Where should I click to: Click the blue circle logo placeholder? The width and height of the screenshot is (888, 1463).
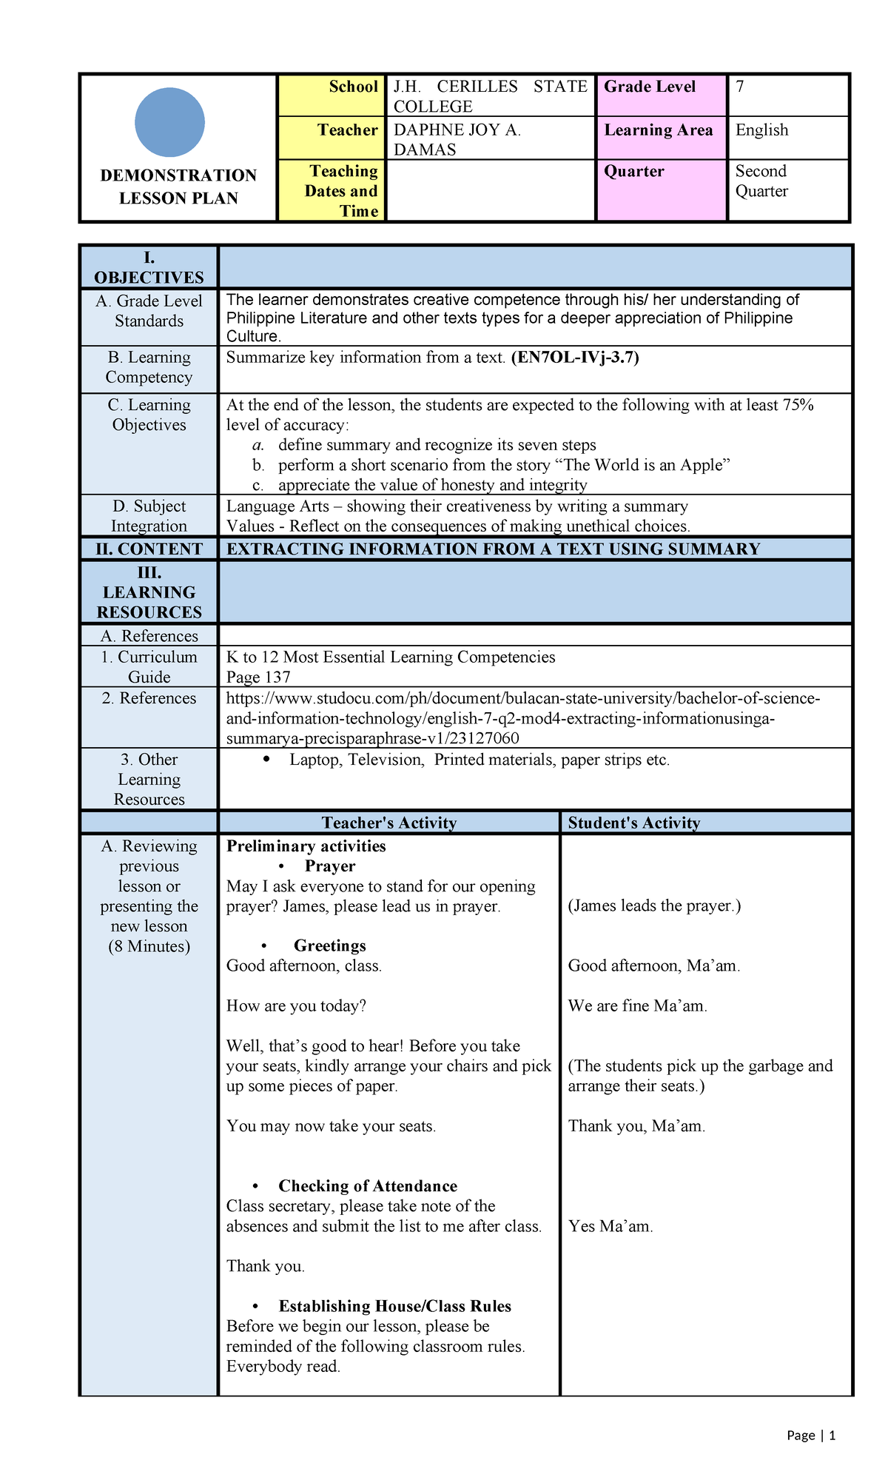pos(169,122)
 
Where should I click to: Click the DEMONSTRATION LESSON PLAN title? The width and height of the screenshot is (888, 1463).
pos(178,187)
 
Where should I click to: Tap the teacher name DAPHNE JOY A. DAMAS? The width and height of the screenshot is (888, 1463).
pos(457,139)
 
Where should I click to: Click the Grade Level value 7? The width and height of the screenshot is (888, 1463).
pos(740,87)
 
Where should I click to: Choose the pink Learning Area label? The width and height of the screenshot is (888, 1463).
pos(659,130)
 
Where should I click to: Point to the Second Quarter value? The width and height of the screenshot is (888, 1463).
pos(761,181)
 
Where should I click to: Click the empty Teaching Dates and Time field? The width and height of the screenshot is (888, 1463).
pos(490,190)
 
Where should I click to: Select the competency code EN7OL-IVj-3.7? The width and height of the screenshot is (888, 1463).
pos(575,358)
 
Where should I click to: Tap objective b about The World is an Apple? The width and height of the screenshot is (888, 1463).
pos(503,465)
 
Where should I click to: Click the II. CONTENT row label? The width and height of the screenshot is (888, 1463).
pos(149,549)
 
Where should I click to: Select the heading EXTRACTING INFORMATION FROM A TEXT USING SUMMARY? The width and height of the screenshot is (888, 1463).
pos(493,549)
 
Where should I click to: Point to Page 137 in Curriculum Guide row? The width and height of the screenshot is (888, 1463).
pos(258,677)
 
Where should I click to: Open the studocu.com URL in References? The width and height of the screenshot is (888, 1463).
pos(522,718)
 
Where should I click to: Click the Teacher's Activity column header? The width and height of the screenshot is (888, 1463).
pos(388,823)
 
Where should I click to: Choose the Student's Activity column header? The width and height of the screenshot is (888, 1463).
pos(633,823)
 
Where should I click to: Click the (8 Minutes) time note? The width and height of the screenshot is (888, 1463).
pos(149,946)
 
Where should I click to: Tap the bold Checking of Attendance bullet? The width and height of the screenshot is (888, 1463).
pos(367,1185)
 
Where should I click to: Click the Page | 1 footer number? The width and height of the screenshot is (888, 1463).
pos(811,1435)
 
